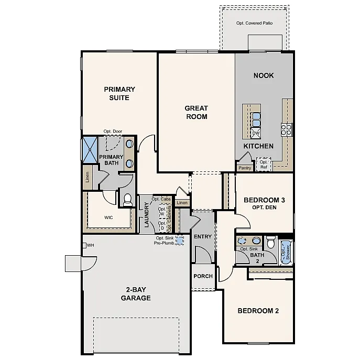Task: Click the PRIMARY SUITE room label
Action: [x=119, y=93]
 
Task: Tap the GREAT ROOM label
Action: [x=196, y=112]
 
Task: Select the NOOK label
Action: [x=264, y=75]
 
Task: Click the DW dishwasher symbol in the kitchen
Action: [x=256, y=133]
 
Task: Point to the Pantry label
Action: [x=245, y=168]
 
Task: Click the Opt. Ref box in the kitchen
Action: [x=264, y=165]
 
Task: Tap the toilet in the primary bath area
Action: [x=127, y=199]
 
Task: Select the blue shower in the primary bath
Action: [x=90, y=150]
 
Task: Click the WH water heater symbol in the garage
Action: [x=84, y=245]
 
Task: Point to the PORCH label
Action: [x=203, y=276]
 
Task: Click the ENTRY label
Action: [x=203, y=236]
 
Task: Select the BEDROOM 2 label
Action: [x=258, y=311]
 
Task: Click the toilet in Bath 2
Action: [x=271, y=243]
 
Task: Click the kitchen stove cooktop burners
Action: [x=287, y=129]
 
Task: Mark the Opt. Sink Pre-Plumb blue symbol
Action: [x=180, y=240]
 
